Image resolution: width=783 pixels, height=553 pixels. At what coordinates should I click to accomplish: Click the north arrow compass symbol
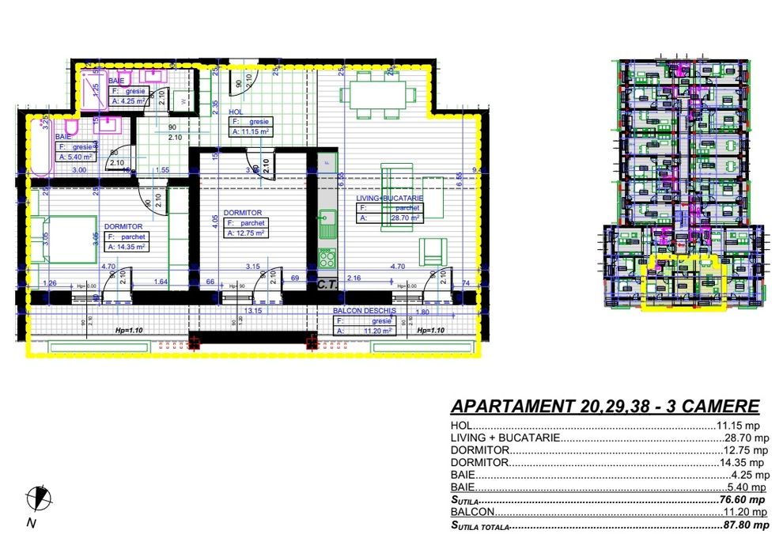pyautogui.click(x=36, y=498)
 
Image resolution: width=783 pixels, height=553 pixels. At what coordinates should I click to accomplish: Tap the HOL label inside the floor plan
pyautogui.click(x=235, y=112)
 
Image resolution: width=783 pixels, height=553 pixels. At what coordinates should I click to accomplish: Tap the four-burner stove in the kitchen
pyautogui.click(x=326, y=259)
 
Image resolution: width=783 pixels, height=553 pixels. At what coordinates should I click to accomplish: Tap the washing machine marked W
pyautogui.click(x=183, y=101)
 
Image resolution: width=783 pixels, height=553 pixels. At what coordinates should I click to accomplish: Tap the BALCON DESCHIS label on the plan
pyautogui.click(x=365, y=312)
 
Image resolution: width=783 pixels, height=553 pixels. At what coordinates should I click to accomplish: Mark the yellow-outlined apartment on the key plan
pyautogui.click(x=684, y=283)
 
